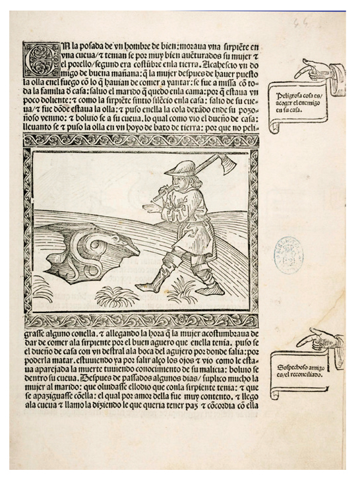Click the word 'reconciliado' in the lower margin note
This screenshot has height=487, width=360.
pyautogui.click(x=310, y=373)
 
